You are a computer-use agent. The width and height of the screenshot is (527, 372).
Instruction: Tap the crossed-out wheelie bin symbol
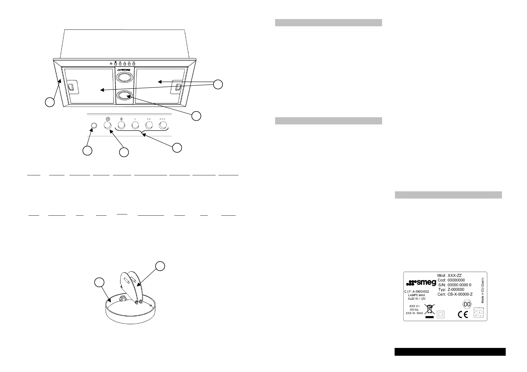click(430, 310)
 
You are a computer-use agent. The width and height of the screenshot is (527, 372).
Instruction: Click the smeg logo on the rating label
click(421, 283)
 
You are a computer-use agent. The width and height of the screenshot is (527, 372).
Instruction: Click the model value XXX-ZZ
click(455, 275)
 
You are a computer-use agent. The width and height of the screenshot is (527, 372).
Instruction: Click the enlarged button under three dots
click(163, 126)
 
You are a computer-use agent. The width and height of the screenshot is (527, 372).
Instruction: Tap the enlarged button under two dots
click(149, 126)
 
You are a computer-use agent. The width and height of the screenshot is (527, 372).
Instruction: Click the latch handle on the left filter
click(71, 87)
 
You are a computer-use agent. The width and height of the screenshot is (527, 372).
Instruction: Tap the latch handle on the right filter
click(178, 87)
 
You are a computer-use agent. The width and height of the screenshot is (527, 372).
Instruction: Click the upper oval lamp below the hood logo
click(124, 77)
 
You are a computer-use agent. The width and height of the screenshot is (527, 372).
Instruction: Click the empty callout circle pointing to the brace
click(177, 148)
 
